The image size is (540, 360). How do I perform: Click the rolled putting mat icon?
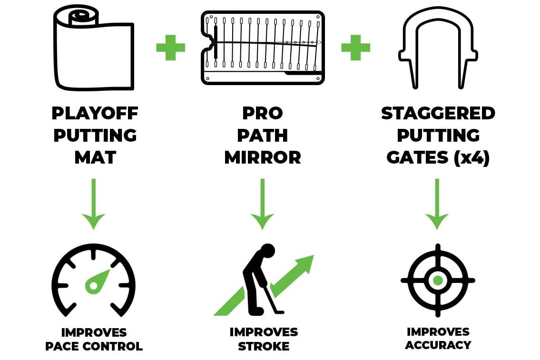tap(94, 50)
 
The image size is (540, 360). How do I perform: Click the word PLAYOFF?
tap(95, 113)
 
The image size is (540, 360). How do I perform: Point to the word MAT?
tap(95, 157)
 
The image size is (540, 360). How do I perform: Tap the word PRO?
tap(263, 113)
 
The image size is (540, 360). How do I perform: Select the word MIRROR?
tap(263, 157)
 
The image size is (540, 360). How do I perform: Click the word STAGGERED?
tap(438, 113)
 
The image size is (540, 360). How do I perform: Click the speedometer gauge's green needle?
tap(99, 281)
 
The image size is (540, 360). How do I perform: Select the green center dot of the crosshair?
tap(438, 280)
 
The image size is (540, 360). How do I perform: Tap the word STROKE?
tap(264, 346)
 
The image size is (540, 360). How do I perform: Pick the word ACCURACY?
tap(438, 345)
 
